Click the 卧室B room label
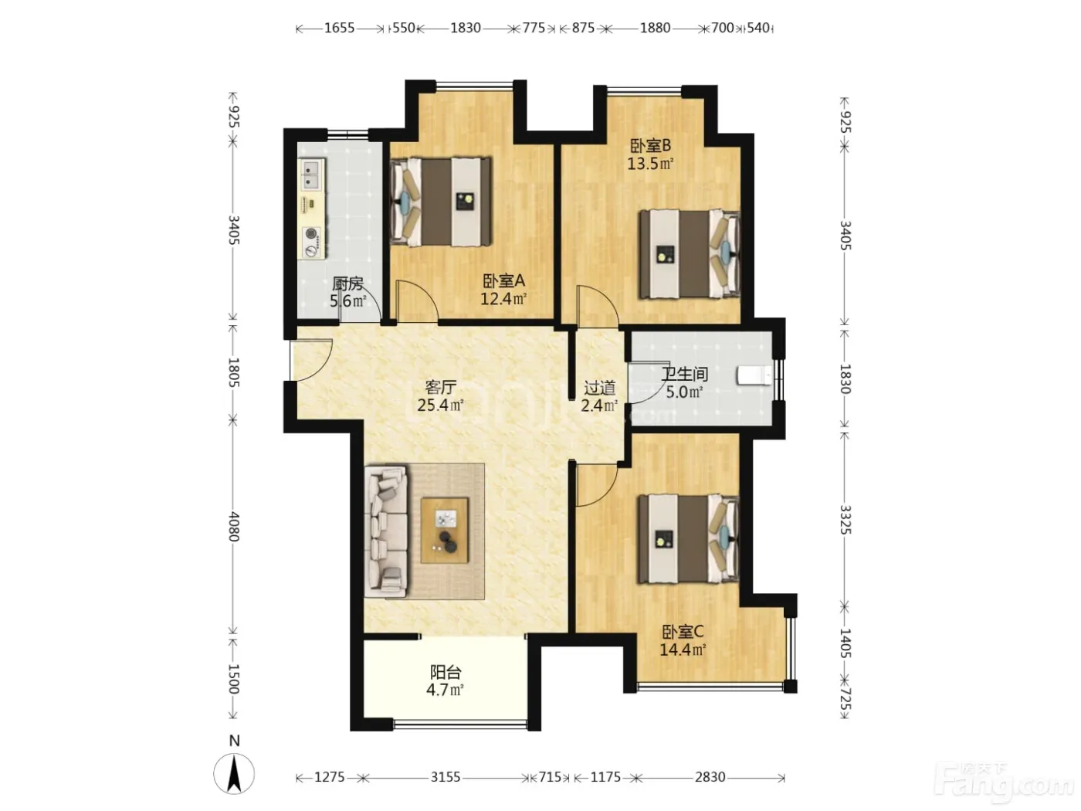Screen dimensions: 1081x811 (651, 146)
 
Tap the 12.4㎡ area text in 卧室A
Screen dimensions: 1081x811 (503, 299)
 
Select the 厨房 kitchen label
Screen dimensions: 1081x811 (347, 283)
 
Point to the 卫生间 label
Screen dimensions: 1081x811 (685, 375)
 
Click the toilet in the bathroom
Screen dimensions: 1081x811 (754, 375)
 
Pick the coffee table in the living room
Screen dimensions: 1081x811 (444, 531)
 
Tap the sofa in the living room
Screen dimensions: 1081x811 (386, 532)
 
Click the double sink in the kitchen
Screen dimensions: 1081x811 (312, 175)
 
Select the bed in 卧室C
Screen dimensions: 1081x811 (689, 539)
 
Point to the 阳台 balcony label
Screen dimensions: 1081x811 (446, 673)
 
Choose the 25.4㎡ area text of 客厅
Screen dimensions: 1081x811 (440, 405)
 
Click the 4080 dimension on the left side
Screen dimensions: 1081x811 (233, 527)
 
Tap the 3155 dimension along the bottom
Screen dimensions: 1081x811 (446, 777)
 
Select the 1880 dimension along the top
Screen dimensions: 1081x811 (655, 28)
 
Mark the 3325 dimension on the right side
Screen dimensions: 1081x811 (845, 520)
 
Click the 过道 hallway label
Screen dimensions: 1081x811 (600, 388)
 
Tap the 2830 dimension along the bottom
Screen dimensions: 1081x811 (710, 777)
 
